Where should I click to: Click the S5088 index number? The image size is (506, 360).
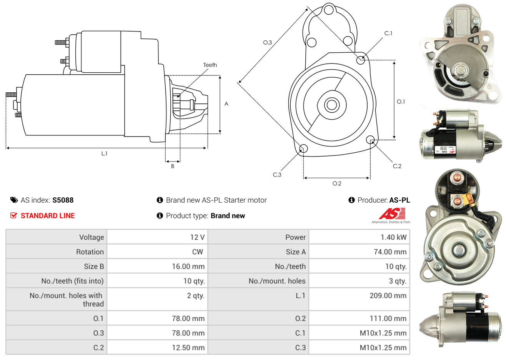[x=63, y=200]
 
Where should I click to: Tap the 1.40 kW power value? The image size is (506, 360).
[x=393, y=237]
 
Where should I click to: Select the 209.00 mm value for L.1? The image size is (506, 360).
[x=388, y=296]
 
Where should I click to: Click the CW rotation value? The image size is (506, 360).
[x=197, y=252]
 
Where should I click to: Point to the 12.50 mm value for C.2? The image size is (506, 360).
[x=188, y=348]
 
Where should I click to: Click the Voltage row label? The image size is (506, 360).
[x=92, y=237]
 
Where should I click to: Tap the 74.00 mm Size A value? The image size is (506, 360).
[x=390, y=252]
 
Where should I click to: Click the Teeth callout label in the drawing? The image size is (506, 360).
[x=210, y=65]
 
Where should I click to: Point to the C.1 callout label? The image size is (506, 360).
[x=388, y=33]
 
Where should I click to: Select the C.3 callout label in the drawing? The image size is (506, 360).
[x=277, y=175]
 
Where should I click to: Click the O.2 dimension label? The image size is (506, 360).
[x=337, y=183]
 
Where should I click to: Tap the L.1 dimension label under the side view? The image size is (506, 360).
[x=104, y=153]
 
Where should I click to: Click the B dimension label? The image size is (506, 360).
[x=173, y=166]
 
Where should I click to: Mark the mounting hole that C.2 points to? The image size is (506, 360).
[x=370, y=139]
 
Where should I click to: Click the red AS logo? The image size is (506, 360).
[x=392, y=213]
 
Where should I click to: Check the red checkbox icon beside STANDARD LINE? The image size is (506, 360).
[x=13, y=215]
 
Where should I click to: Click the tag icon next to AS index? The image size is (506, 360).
[x=14, y=200]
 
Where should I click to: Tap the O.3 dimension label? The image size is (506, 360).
[x=268, y=42]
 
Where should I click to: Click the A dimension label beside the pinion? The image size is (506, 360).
[x=226, y=104]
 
